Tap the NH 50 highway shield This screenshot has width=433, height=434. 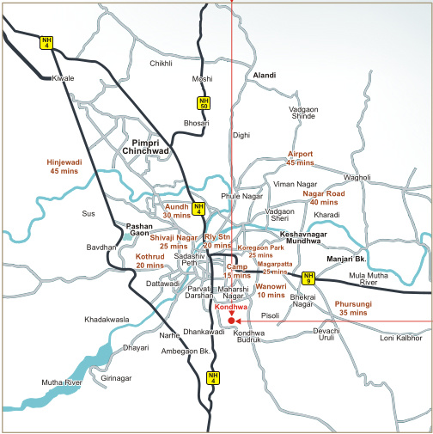click(x=203, y=104)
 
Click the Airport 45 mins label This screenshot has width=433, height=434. click(x=301, y=158)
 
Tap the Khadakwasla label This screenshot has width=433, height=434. click(x=107, y=320)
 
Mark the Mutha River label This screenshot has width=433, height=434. click(x=62, y=382)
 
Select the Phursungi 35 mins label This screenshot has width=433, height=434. click(x=352, y=309)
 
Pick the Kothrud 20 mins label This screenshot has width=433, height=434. click(x=150, y=260)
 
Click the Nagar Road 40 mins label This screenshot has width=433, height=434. click(x=324, y=199)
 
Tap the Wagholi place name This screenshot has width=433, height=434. click(x=357, y=178)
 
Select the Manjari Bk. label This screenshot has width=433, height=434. click(x=346, y=259)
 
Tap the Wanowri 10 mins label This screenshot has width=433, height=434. click(x=271, y=290)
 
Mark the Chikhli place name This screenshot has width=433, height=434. click(x=162, y=64)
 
